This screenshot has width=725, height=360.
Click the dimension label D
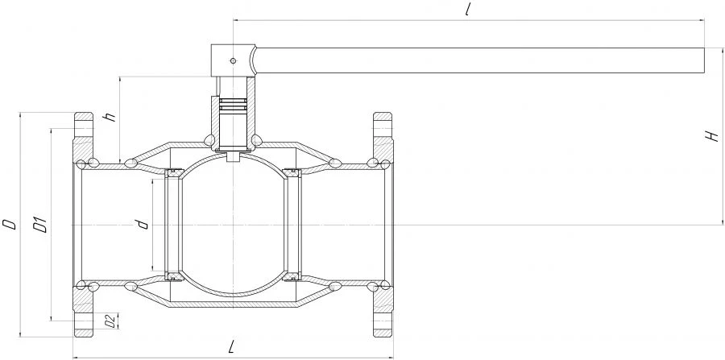click(x=9, y=224)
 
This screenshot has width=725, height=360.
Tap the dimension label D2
click(x=110, y=321)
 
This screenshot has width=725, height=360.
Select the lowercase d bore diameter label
click(x=143, y=224)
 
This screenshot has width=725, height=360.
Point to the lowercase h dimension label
click(x=110, y=117)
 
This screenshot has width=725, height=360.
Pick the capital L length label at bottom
click(x=233, y=346)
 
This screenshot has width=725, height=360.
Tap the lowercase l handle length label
click(x=468, y=10)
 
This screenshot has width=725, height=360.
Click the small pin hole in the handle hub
click(x=233, y=60)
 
